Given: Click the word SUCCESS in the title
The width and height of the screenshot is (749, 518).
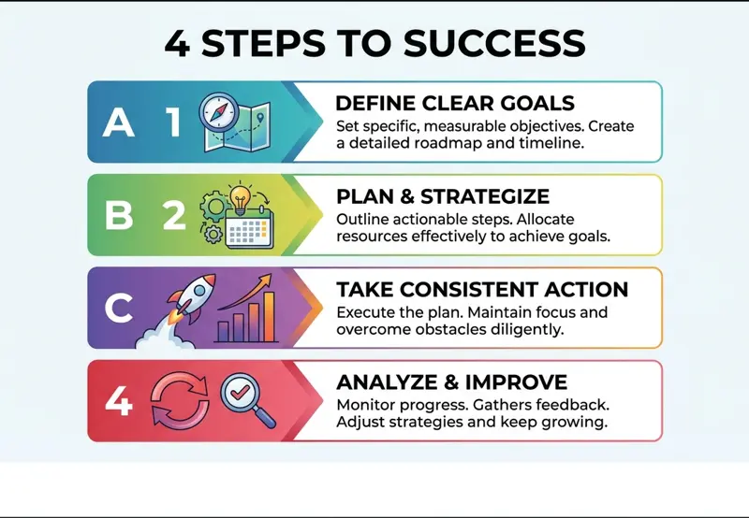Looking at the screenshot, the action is point(494,43).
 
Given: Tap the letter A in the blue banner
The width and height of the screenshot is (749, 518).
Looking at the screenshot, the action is point(119,122).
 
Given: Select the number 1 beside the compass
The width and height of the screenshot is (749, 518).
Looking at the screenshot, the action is point(173,122).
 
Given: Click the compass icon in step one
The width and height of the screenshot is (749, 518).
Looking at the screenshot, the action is point(219,112).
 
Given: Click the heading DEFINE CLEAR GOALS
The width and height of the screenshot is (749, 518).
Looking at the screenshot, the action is point(455,103).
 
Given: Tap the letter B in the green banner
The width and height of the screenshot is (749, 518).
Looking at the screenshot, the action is point(119,215).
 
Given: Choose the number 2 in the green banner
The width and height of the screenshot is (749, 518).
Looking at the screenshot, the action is point(174,215).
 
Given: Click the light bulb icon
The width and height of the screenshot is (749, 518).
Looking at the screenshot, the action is point(241,197).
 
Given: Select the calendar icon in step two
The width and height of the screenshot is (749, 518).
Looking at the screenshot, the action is point(249,227).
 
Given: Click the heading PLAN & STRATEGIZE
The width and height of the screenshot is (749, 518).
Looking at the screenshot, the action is point(443,196).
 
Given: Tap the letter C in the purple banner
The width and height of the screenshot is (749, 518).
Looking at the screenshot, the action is point(119,309).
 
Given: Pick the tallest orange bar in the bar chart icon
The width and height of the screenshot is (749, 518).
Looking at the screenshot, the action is point(269,317).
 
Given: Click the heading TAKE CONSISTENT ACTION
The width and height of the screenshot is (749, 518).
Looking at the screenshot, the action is point(482,289).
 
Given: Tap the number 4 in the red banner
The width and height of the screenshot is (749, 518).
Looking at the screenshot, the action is point(119,401).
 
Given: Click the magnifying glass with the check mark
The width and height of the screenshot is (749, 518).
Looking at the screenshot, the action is point(247,399).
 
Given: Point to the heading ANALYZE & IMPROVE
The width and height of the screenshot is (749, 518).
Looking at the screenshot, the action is point(452,382).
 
